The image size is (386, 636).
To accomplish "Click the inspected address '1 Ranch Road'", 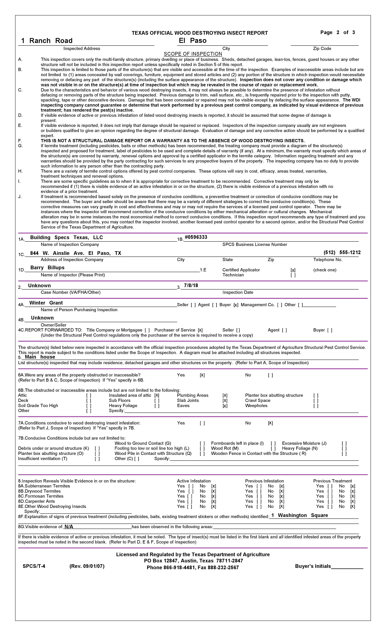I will pos(47,41).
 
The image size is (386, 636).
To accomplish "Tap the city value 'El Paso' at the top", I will pos(193,41).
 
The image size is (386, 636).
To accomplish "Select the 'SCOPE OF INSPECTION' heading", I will pos(193,54).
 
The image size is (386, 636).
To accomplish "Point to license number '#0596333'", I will pos(196,237).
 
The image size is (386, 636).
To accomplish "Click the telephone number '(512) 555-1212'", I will pos(342,252).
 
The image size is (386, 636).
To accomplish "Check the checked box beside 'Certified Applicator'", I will pos(293,270).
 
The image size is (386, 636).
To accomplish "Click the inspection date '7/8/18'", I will pos(191,285).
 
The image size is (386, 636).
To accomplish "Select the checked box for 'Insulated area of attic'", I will pos(157,395).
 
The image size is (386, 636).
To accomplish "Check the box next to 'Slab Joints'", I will pos(225,401).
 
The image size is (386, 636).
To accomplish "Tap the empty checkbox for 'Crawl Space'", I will pos(316,401).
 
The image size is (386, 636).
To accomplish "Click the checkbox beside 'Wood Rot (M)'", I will pos(273,448).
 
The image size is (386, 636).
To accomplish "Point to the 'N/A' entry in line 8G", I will pos(69,527).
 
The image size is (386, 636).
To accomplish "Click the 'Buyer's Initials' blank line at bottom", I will pos(347,566).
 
